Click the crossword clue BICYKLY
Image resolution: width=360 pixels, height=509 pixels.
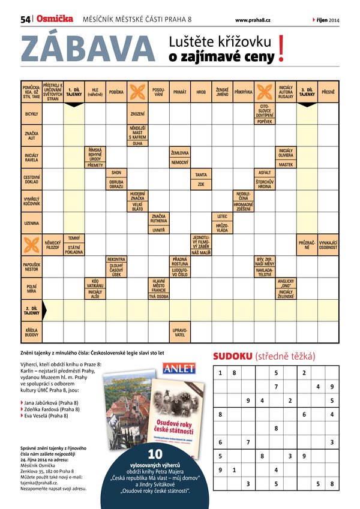coord(32,113)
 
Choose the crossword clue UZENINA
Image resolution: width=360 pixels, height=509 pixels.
coord(32,223)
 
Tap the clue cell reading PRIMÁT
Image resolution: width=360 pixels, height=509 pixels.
coord(179,92)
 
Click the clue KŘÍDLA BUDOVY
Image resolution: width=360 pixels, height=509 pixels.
coord(32,332)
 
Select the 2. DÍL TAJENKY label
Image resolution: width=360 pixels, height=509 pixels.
coord(32,310)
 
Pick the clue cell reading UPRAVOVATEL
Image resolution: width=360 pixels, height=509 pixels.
coord(179,332)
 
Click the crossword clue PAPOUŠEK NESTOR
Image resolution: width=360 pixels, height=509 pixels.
coord(32,266)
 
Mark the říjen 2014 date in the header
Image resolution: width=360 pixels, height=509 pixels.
coord(327,20)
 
